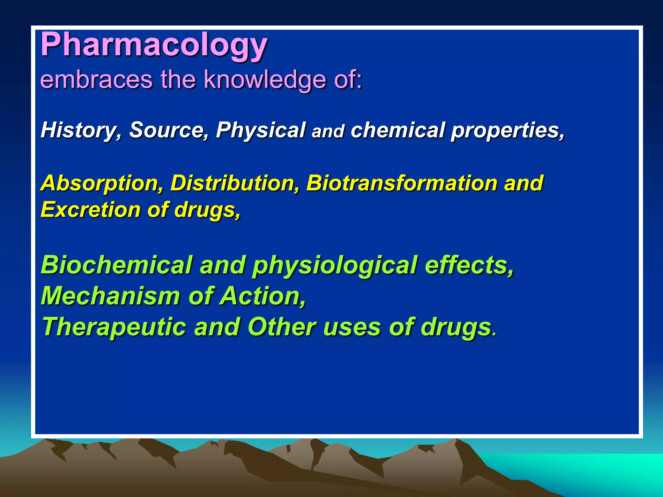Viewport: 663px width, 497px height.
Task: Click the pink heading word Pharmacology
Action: (154, 45)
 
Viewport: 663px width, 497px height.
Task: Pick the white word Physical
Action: (261, 130)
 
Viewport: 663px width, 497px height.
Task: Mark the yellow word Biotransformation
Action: (401, 183)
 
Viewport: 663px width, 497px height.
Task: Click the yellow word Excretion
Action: (91, 210)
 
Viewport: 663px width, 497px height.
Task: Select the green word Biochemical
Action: (117, 265)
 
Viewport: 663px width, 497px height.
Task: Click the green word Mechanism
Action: (110, 296)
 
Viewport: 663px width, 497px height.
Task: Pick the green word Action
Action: (262, 296)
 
